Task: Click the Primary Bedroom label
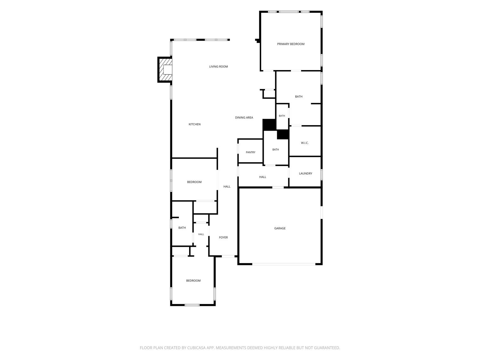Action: point(291,44)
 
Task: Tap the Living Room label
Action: point(219,67)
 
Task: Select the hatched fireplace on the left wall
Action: point(165,69)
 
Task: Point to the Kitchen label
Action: point(195,124)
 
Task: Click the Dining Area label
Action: point(244,117)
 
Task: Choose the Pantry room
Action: point(250,151)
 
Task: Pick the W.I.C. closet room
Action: point(305,141)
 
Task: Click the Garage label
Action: point(280,228)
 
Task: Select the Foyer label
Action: point(223,237)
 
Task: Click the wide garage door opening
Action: point(284,264)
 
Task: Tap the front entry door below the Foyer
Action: point(228,256)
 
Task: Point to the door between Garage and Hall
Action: point(278,187)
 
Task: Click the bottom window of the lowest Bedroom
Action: point(192,305)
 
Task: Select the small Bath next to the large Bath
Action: point(282,116)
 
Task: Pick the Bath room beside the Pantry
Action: point(276,148)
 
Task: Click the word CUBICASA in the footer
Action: point(196,348)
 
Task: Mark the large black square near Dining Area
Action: point(269,125)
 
